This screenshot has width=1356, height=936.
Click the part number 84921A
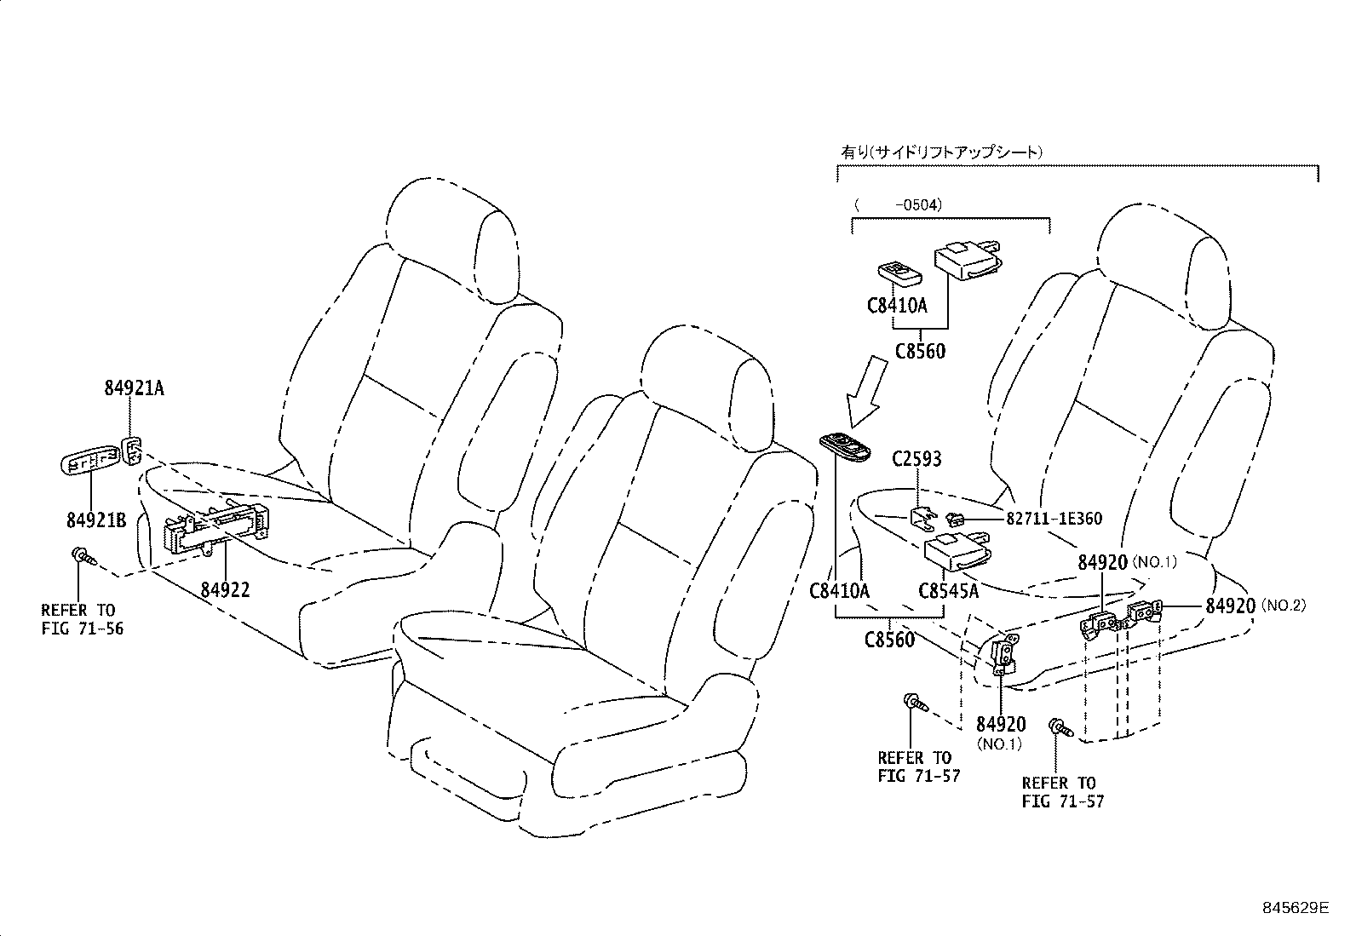134,388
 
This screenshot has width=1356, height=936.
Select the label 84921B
96,520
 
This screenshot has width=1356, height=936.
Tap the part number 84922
226,589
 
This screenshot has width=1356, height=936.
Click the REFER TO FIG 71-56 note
78,619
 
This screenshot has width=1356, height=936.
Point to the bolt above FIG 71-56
82,555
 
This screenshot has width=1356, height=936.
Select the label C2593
916,459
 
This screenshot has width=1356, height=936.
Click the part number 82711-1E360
1054,518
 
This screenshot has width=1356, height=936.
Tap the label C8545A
948,589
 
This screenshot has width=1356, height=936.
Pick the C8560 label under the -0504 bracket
920,351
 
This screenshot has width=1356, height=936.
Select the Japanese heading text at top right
941,152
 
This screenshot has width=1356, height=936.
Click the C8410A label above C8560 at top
896,304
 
